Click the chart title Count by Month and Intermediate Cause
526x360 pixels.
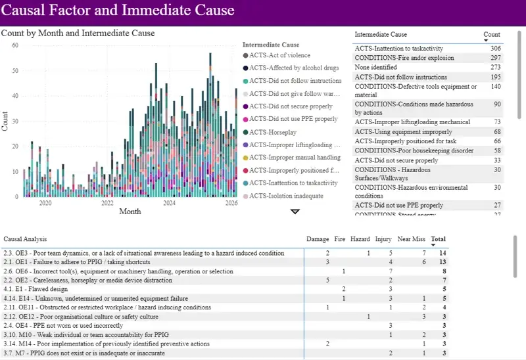coord(78,33)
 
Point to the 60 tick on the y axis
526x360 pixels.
coord(14,45)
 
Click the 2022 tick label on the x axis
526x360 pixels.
coord(107,204)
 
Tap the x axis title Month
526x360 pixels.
coord(130,212)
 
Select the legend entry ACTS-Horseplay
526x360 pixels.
coord(276,132)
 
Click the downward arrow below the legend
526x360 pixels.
coord(295,212)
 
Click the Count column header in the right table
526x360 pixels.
coord(491,34)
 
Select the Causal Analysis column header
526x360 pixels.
coord(25,239)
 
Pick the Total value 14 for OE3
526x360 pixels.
coord(443,253)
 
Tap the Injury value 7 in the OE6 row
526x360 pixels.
coord(391,271)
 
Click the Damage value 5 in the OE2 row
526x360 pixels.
coord(327,280)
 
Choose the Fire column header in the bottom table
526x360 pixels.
coord(339,239)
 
